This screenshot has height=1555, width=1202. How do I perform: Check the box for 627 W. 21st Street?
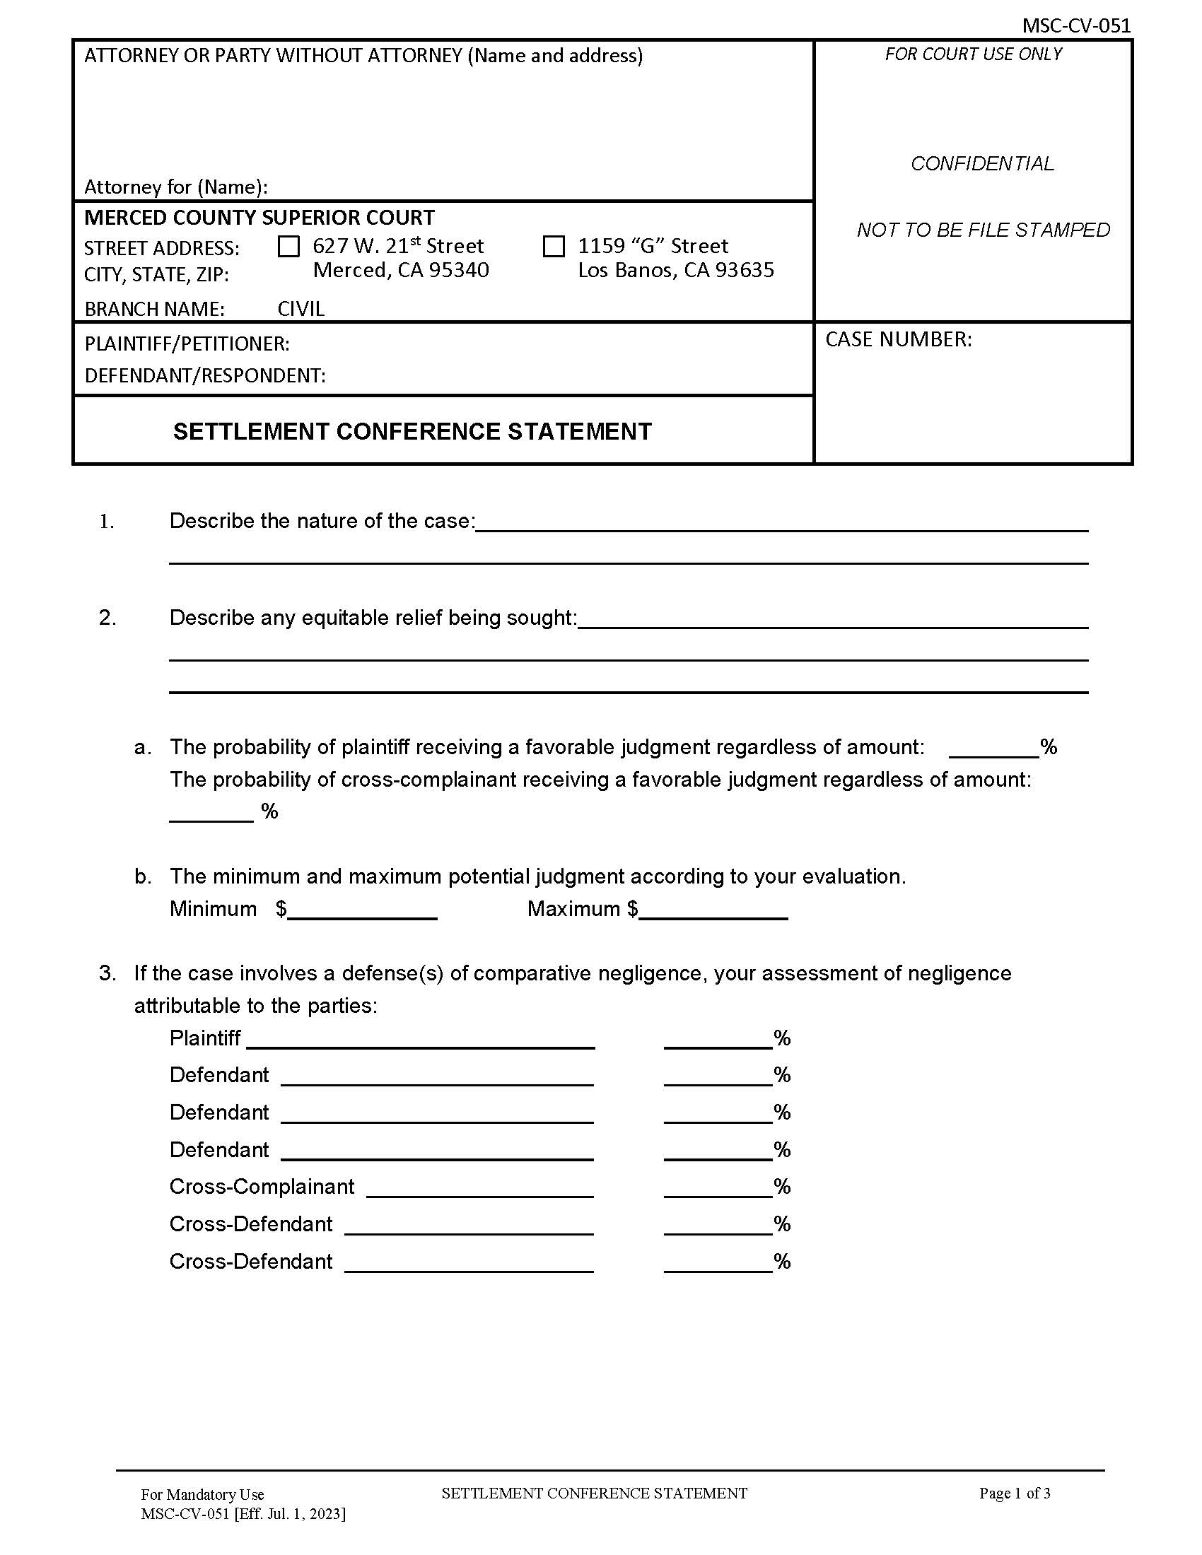tap(288, 247)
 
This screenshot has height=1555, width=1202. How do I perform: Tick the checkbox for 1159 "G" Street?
tap(554, 247)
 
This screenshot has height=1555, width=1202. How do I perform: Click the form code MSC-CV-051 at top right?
tap(1075, 25)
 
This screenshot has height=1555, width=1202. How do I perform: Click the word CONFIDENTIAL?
tap(982, 164)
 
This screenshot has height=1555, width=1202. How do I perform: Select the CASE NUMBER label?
tap(898, 339)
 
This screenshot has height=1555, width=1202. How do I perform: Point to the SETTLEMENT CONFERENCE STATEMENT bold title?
tap(412, 431)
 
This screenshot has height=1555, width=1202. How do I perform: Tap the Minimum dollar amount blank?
tap(362, 910)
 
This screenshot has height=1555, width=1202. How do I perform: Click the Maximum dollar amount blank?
tap(713, 910)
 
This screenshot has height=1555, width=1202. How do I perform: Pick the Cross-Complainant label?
tap(262, 1187)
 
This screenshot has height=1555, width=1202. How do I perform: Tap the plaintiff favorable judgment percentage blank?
tap(993, 748)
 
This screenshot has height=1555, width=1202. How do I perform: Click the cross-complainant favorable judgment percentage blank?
tap(211, 812)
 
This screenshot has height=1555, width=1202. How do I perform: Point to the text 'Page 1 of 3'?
tap(1014, 1493)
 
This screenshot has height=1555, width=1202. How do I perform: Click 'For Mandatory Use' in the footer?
tap(202, 1494)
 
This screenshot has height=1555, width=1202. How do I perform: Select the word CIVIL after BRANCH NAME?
tap(300, 309)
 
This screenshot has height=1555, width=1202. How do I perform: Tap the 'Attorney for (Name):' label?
tap(176, 187)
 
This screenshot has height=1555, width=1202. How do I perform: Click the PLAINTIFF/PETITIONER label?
tap(187, 344)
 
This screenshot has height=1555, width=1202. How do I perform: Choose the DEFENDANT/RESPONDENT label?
tap(205, 375)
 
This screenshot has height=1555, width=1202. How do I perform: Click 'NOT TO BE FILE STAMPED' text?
tap(983, 230)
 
